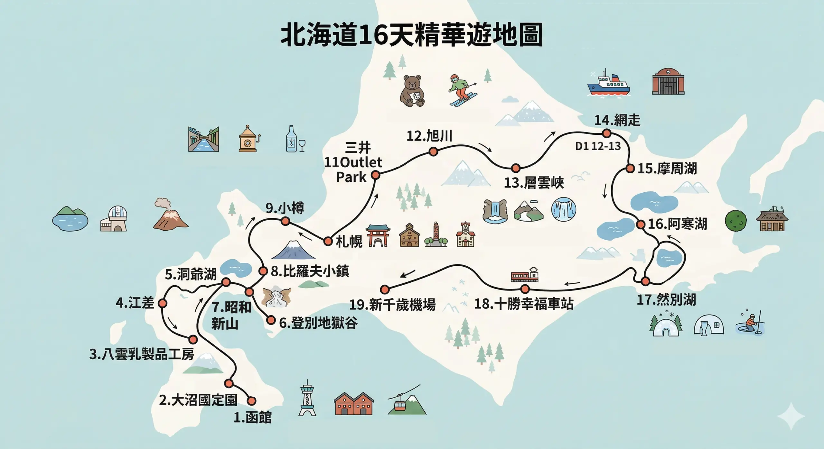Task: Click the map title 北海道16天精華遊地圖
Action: tap(412, 35)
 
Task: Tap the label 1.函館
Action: tap(253, 417)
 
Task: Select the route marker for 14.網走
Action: tap(607, 133)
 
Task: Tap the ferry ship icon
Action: tap(608, 84)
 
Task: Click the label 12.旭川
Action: tap(429, 136)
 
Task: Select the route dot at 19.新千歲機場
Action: tap(385, 289)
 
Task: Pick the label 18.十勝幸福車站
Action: tap(524, 304)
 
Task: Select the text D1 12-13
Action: tap(598, 146)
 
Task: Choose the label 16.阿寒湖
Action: tap(677, 224)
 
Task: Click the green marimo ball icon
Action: tap(735, 221)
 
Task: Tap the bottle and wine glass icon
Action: tap(295, 140)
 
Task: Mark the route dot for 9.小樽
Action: tap(286, 221)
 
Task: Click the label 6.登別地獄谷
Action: tap(318, 323)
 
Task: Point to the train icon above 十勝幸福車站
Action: tap(524, 275)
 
